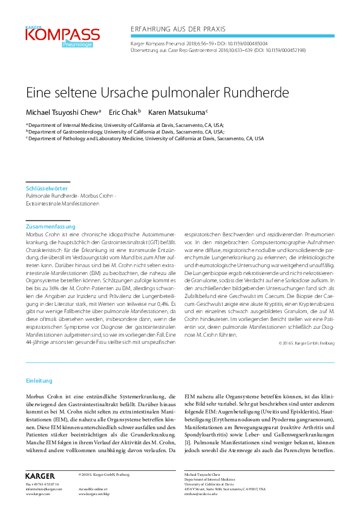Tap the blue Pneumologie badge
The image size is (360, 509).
coord(76,45)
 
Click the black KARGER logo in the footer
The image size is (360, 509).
coord(40,476)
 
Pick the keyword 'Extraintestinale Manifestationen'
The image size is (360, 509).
coord(62,204)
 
